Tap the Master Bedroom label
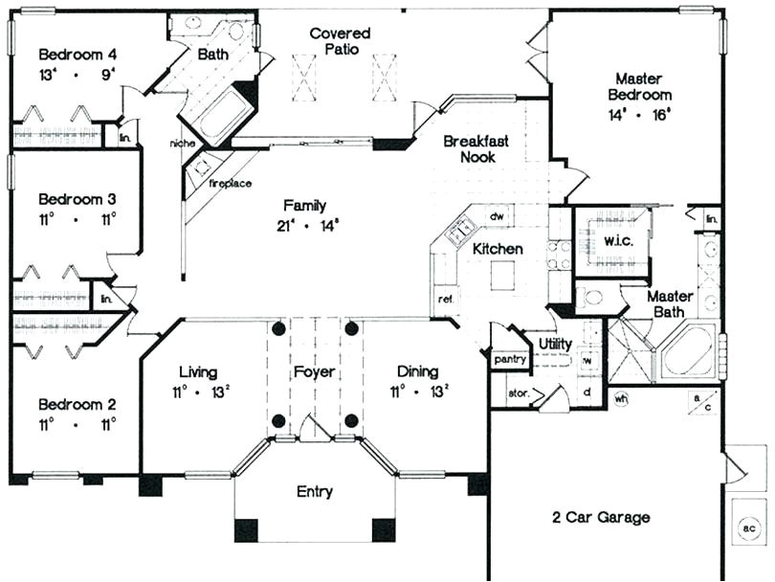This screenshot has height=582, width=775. (x=643, y=86)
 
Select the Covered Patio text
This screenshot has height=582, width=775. (x=341, y=41)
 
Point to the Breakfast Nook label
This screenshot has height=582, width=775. (x=476, y=148)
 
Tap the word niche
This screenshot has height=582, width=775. (x=182, y=144)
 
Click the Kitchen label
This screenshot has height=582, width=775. (x=498, y=249)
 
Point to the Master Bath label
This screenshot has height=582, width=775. (x=670, y=304)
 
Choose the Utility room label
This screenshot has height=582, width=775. (x=555, y=343)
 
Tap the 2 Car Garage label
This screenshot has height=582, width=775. (x=601, y=518)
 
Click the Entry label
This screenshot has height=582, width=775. (x=315, y=492)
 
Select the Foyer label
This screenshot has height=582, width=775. (x=315, y=371)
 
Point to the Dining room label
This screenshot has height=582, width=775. (x=416, y=371)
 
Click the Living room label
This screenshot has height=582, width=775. (x=198, y=371)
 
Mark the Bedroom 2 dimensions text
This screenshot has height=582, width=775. (x=77, y=422)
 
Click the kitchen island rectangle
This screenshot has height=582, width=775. (x=503, y=276)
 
